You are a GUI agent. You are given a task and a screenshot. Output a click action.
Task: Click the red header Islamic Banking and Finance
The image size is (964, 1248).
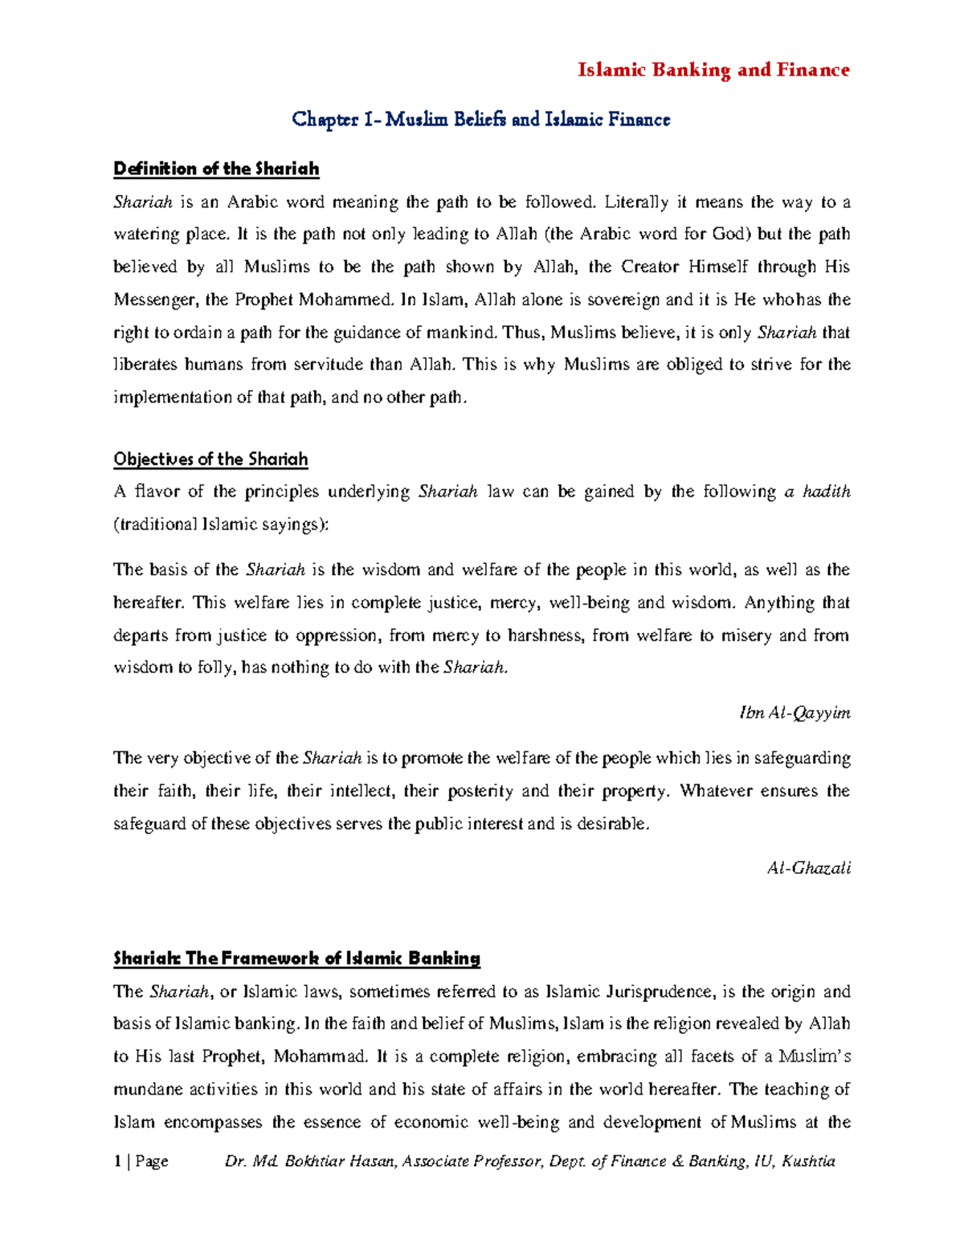click(713, 70)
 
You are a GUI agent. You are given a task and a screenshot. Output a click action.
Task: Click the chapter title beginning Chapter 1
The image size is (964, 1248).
click(480, 120)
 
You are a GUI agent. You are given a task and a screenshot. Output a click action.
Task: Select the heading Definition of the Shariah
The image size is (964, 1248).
click(216, 169)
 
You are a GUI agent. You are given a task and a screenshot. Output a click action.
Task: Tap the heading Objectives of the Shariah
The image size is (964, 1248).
click(210, 459)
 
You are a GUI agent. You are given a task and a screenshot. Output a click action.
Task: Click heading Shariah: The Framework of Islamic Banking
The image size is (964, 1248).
click(296, 958)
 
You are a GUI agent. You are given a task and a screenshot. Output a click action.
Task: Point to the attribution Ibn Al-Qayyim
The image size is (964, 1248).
click(794, 713)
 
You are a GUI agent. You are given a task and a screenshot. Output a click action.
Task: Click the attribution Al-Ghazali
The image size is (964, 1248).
click(808, 868)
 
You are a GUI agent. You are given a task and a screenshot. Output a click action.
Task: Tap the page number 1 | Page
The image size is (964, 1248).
click(141, 1160)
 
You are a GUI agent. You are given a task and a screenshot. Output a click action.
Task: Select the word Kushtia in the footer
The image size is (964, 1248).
click(808, 1160)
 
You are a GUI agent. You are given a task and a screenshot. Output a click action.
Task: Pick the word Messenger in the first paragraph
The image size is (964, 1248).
click(153, 300)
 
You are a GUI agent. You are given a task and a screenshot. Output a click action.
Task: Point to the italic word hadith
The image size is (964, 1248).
click(827, 491)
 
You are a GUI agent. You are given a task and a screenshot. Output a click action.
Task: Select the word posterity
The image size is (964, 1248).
click(480, 791)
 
